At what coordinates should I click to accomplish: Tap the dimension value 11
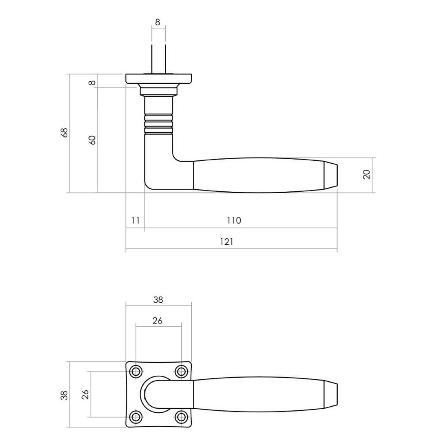pyautogui.click(x=135, y=220)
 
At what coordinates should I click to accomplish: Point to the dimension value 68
pyautogui.click(x=65, y=133)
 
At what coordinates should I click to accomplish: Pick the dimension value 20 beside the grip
pyautogui.click(x=366, y=174)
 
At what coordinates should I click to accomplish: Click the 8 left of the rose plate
pyautogui.click(x=92, y=83)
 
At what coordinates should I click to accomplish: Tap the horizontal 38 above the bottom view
pyautogui.click(x=158, y=299)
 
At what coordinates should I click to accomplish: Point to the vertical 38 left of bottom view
pyautogui.click(x=65, y=395)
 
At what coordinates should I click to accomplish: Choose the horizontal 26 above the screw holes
pyautogui.click(x=157, y=321)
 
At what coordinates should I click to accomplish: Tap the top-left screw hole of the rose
pyautogui.click(x=136, y=372)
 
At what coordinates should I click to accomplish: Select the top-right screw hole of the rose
pyautogui.click(x=181, y=372)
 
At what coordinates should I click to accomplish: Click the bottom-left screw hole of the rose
pyautogui.click(x=136, y=417)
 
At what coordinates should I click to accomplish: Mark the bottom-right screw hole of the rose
pyautogui.click(x=181, y=417)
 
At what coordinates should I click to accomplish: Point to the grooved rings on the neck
pyautogui.click(x=159, y=123)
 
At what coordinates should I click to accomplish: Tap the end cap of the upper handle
pyautogui.click(x=332, y=175)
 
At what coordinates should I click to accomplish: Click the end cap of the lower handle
pyautogui.click(x=332, y=394)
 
